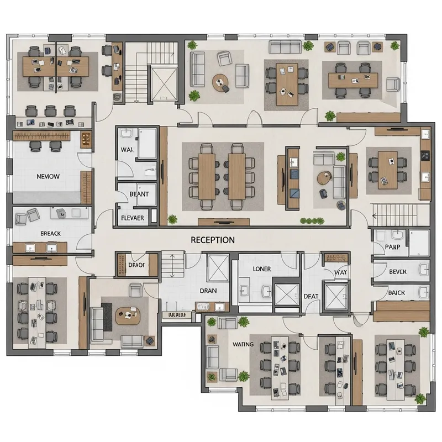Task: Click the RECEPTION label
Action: [213, 240]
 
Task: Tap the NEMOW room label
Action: [48, 177]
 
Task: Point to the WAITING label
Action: [243, 344]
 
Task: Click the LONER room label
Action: [261, 269]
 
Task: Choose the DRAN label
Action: [208, 291]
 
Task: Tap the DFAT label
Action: [312, 296]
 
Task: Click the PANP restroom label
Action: [392, 247]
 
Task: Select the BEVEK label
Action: [397, 272]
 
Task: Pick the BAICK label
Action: [396, 293]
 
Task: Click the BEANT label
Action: [139, 194]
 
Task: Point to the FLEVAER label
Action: [132, 218]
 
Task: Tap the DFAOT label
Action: [136, 265]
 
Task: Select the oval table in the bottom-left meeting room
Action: [128, 315]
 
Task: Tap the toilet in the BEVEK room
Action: [423, 270]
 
